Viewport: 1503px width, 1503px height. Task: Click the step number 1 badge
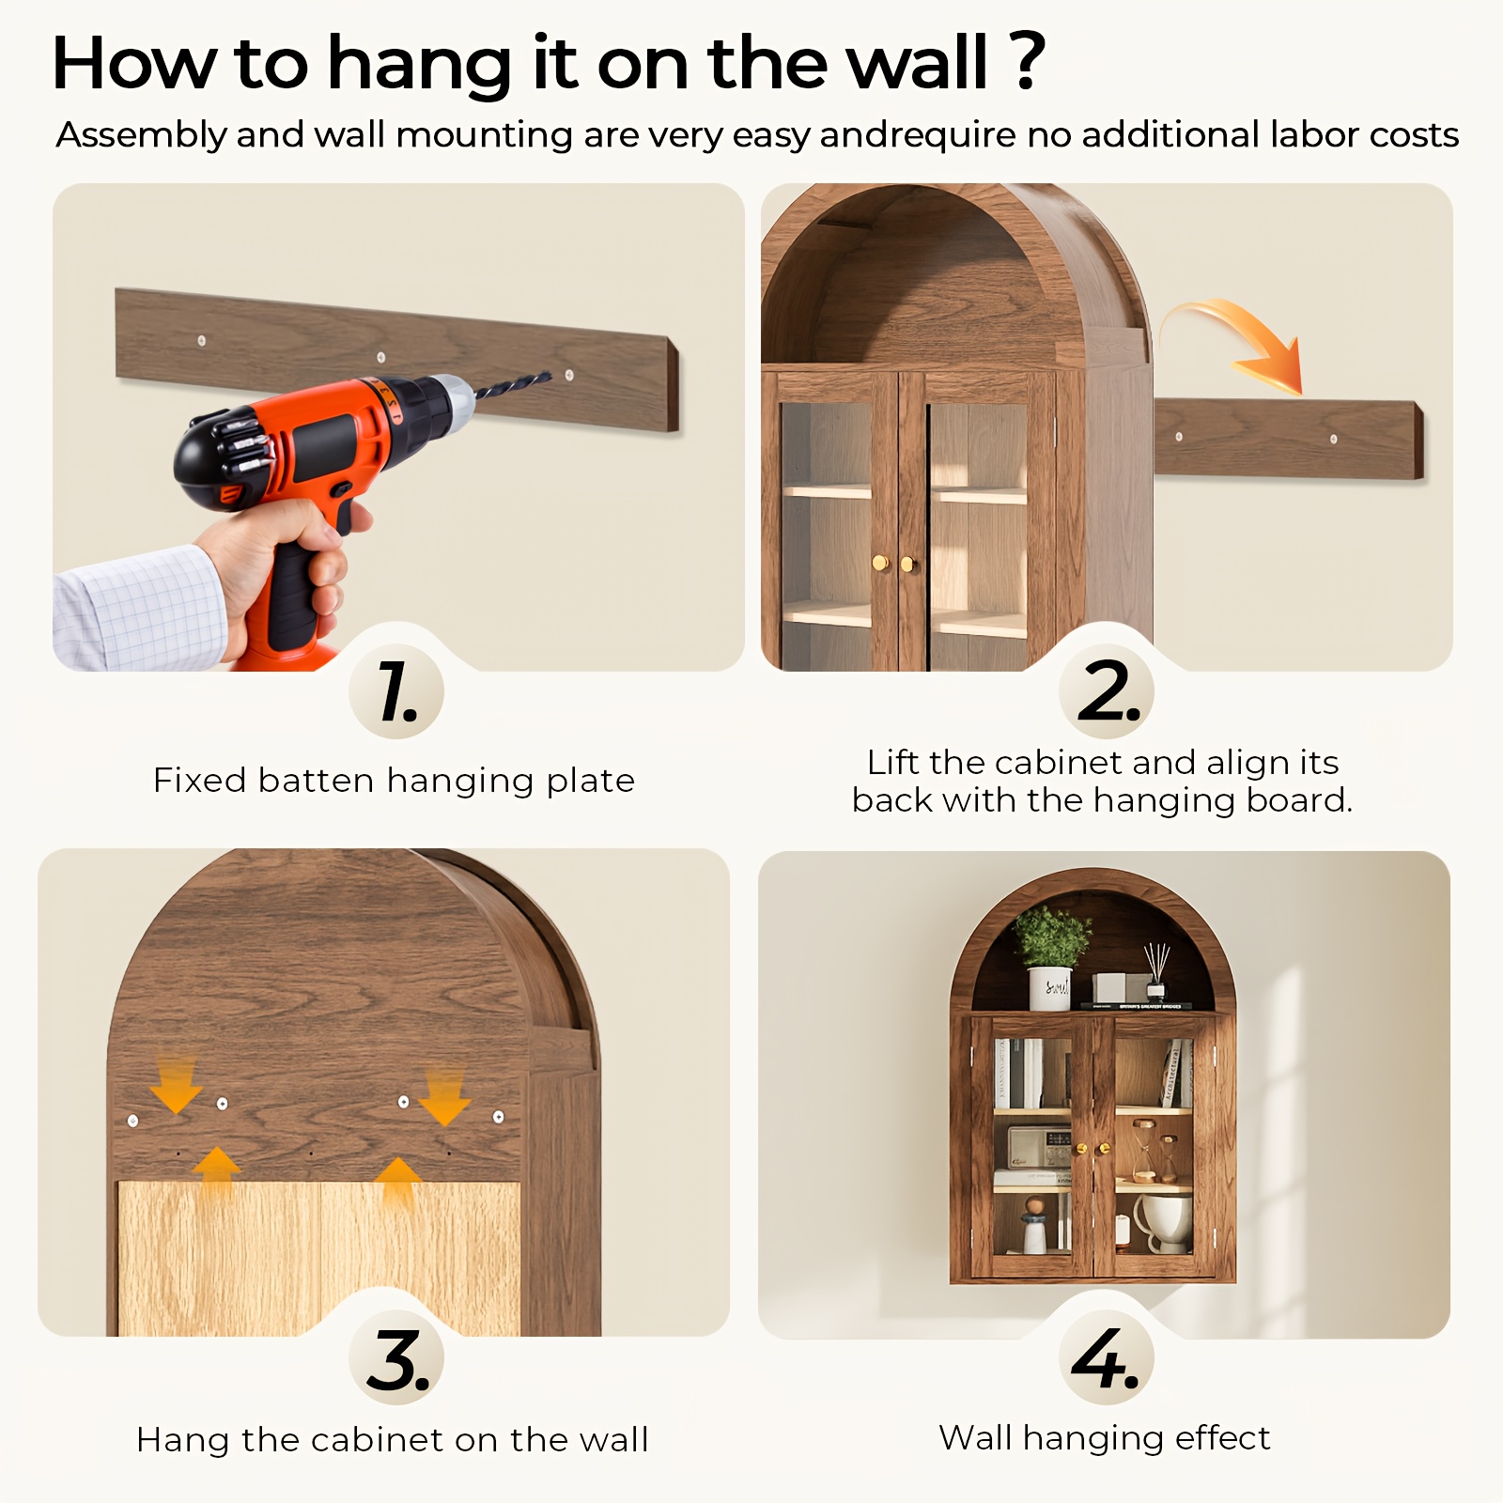pyautogui.click(x=396, y=692)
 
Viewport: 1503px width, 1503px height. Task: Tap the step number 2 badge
pyautogui.click(x=1107, y=692)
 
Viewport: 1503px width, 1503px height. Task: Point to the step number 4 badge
pyautogui.click(x=1107, y=1357)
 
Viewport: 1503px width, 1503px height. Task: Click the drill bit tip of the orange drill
pyautogui.click(x=550, y=375)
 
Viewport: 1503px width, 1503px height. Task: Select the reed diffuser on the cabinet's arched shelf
pyautogui.click(x=1155, y=972)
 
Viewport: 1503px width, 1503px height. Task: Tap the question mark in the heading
pyautogui.click(x=1029, y=61)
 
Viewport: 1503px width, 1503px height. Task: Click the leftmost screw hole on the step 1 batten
pyautogui.click(x=201, y=340)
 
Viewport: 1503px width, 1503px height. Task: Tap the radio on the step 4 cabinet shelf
pyautogui.click(x=1040, y=1148)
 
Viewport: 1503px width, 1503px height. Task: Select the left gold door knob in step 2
pyautogui.click(x=880, y=564)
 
